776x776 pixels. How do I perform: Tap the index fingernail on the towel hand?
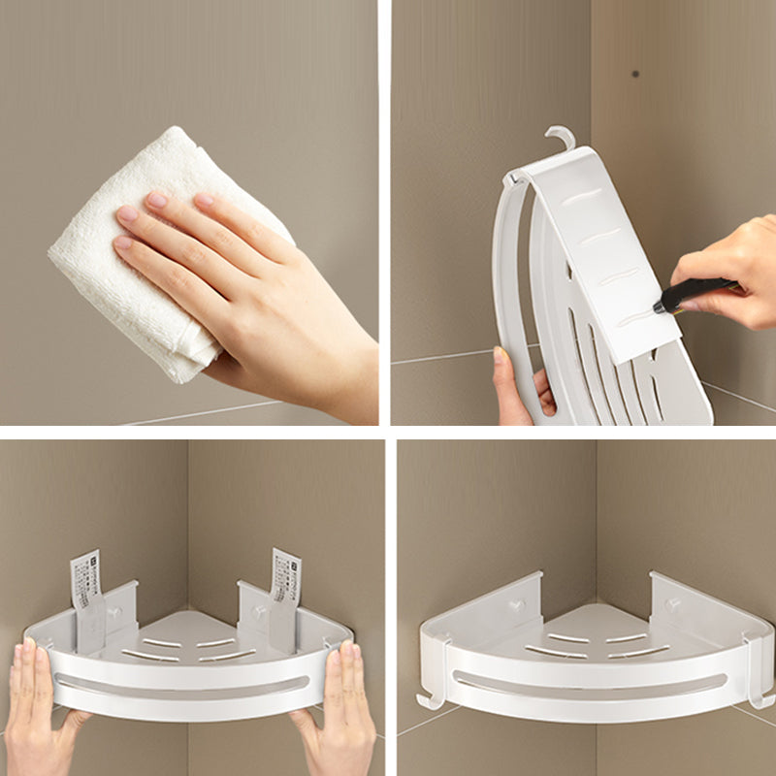(x=155, y=200)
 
